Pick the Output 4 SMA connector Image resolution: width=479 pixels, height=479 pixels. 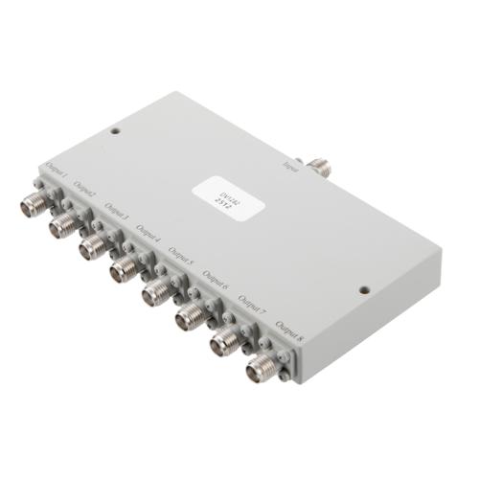pos(123,272)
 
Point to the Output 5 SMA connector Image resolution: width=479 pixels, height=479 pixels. pos(154,294)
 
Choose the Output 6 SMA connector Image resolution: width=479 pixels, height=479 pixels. pos(188,317)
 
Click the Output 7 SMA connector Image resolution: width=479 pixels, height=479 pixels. pos(223,339)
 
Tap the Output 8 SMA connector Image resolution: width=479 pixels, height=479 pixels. pos(260,365)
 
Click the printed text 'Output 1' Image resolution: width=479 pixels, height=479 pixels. pos(56,174)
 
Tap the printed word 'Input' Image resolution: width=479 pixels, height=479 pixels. pos(290,166)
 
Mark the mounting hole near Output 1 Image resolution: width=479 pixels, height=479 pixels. pos(115,131)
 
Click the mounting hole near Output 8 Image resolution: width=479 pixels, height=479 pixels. pos(364,290)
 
